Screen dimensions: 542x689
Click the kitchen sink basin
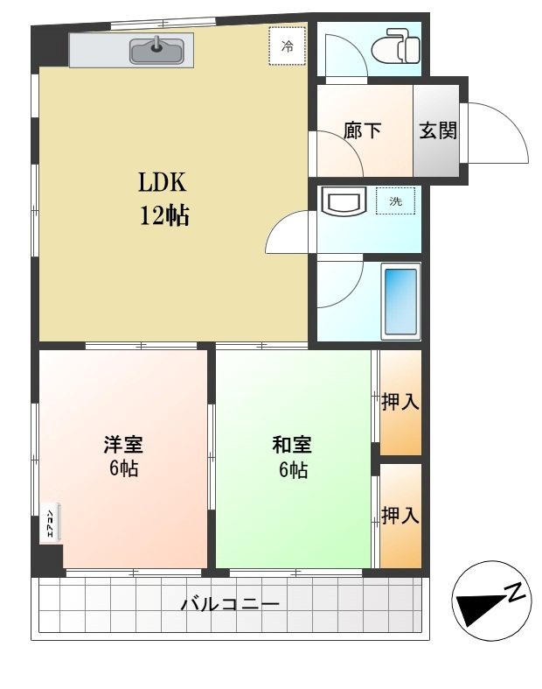[156, 51]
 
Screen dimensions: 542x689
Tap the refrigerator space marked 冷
[287, 46]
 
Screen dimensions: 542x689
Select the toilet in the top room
[395, 46]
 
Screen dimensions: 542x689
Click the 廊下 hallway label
[362, 131]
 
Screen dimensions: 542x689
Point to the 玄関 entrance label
[438, 131]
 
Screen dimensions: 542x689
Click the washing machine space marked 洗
[395, 201]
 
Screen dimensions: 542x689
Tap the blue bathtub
[400, 301]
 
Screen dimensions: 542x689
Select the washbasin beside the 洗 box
[344, 201]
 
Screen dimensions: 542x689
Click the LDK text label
[163, 182]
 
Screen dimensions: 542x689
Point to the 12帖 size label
[164, 215]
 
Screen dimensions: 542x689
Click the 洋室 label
[123, 444]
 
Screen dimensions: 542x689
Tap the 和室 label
[292, 444]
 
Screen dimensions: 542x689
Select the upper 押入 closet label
[400, 402]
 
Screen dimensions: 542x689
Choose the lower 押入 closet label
[400, 515]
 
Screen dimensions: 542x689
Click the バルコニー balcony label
[230, 604]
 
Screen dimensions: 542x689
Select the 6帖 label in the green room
[293, 470]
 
